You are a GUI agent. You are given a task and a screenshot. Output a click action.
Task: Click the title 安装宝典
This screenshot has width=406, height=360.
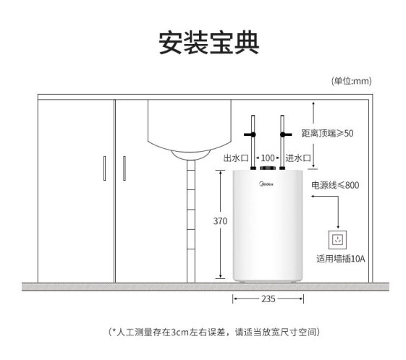coord(209,43)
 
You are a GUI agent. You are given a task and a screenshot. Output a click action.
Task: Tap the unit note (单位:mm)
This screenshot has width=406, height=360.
coord(352,81)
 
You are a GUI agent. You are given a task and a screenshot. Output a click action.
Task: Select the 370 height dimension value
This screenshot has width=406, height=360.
coord(220,221)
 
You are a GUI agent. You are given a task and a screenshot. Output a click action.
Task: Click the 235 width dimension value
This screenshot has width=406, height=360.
coord(268,299)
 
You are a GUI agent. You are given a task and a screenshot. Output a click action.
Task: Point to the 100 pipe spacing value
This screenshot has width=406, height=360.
coord(268,158)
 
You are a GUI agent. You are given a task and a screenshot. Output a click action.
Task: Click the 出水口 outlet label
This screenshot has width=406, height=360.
coord(236,158)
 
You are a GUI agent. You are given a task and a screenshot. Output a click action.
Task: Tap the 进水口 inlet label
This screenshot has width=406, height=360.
coord(298,158)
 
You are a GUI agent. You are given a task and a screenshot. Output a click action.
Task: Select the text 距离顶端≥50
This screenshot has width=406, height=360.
coord(327,133)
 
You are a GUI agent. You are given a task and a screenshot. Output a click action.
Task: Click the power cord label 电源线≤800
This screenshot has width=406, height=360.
coord(335,185)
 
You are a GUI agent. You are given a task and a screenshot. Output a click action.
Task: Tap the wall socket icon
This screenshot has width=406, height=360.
coord(338,240)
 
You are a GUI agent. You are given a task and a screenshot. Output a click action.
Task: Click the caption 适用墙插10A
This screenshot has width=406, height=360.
coord(341,259)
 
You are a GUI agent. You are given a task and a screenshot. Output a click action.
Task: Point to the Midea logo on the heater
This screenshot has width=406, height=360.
coord(266,184)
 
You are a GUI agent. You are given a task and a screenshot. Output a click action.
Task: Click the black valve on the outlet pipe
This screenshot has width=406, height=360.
coord(250,134)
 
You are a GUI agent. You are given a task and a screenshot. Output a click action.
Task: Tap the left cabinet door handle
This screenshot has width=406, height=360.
coord(105,168)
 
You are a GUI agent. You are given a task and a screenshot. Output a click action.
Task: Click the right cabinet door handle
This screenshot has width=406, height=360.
coord(124,168)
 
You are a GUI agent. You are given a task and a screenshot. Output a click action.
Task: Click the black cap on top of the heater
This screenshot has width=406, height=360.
coord(268,168)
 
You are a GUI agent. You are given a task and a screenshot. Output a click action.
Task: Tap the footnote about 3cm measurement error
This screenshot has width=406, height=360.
coord(214,332)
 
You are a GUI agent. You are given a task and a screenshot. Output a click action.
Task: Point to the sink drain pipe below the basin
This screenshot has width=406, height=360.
coord(191,221)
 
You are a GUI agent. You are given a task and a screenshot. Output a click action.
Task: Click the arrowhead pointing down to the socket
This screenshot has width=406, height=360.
coord(338,227)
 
